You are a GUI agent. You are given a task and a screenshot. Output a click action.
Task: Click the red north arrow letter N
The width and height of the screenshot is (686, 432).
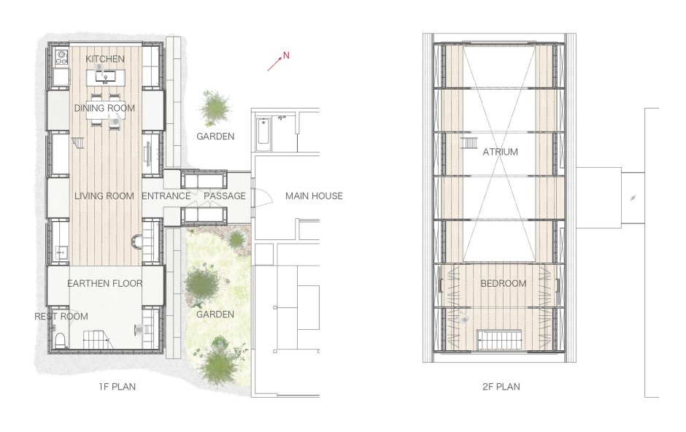(x=286, y=55)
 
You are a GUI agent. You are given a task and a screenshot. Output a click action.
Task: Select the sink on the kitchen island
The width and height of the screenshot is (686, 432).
(x=105, y=78)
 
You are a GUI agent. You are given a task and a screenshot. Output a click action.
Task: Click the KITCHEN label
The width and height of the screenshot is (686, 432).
(x=105, y=58)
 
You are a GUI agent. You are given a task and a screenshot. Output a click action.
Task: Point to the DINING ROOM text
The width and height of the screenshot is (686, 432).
(x=104, y=108)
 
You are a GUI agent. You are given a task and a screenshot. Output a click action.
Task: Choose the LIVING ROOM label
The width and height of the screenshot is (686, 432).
(x=104, y=196)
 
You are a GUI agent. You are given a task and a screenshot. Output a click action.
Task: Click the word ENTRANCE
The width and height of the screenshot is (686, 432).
(x=166, y=196)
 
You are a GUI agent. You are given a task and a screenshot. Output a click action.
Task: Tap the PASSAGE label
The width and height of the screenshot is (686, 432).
(x=225, y=196)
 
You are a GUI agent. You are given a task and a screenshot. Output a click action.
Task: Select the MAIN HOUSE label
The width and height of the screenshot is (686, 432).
(x=314, y=196)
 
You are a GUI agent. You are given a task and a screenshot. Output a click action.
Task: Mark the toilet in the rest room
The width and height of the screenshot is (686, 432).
(x=61, y=339)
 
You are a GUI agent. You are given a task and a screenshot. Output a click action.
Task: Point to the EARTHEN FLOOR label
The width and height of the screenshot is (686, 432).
(x=105, y=283)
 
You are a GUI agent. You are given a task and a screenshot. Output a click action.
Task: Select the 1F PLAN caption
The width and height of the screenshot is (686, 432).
(x=117, y=387)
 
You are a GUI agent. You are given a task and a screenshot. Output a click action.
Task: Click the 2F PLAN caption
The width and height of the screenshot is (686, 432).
(x=501, y=387)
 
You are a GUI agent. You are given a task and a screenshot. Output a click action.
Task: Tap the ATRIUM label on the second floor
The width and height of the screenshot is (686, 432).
(x=500, y=152)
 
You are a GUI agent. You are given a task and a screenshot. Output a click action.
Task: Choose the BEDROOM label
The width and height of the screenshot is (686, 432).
(x=503, y=283)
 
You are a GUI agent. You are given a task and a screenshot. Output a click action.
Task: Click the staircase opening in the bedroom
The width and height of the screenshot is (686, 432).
(x=500, y=339)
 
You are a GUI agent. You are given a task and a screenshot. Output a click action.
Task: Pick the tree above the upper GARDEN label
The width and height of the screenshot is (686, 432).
(x=215, y=108)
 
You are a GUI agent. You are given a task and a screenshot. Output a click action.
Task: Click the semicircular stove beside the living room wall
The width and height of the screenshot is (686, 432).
(x=137, y=242)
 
